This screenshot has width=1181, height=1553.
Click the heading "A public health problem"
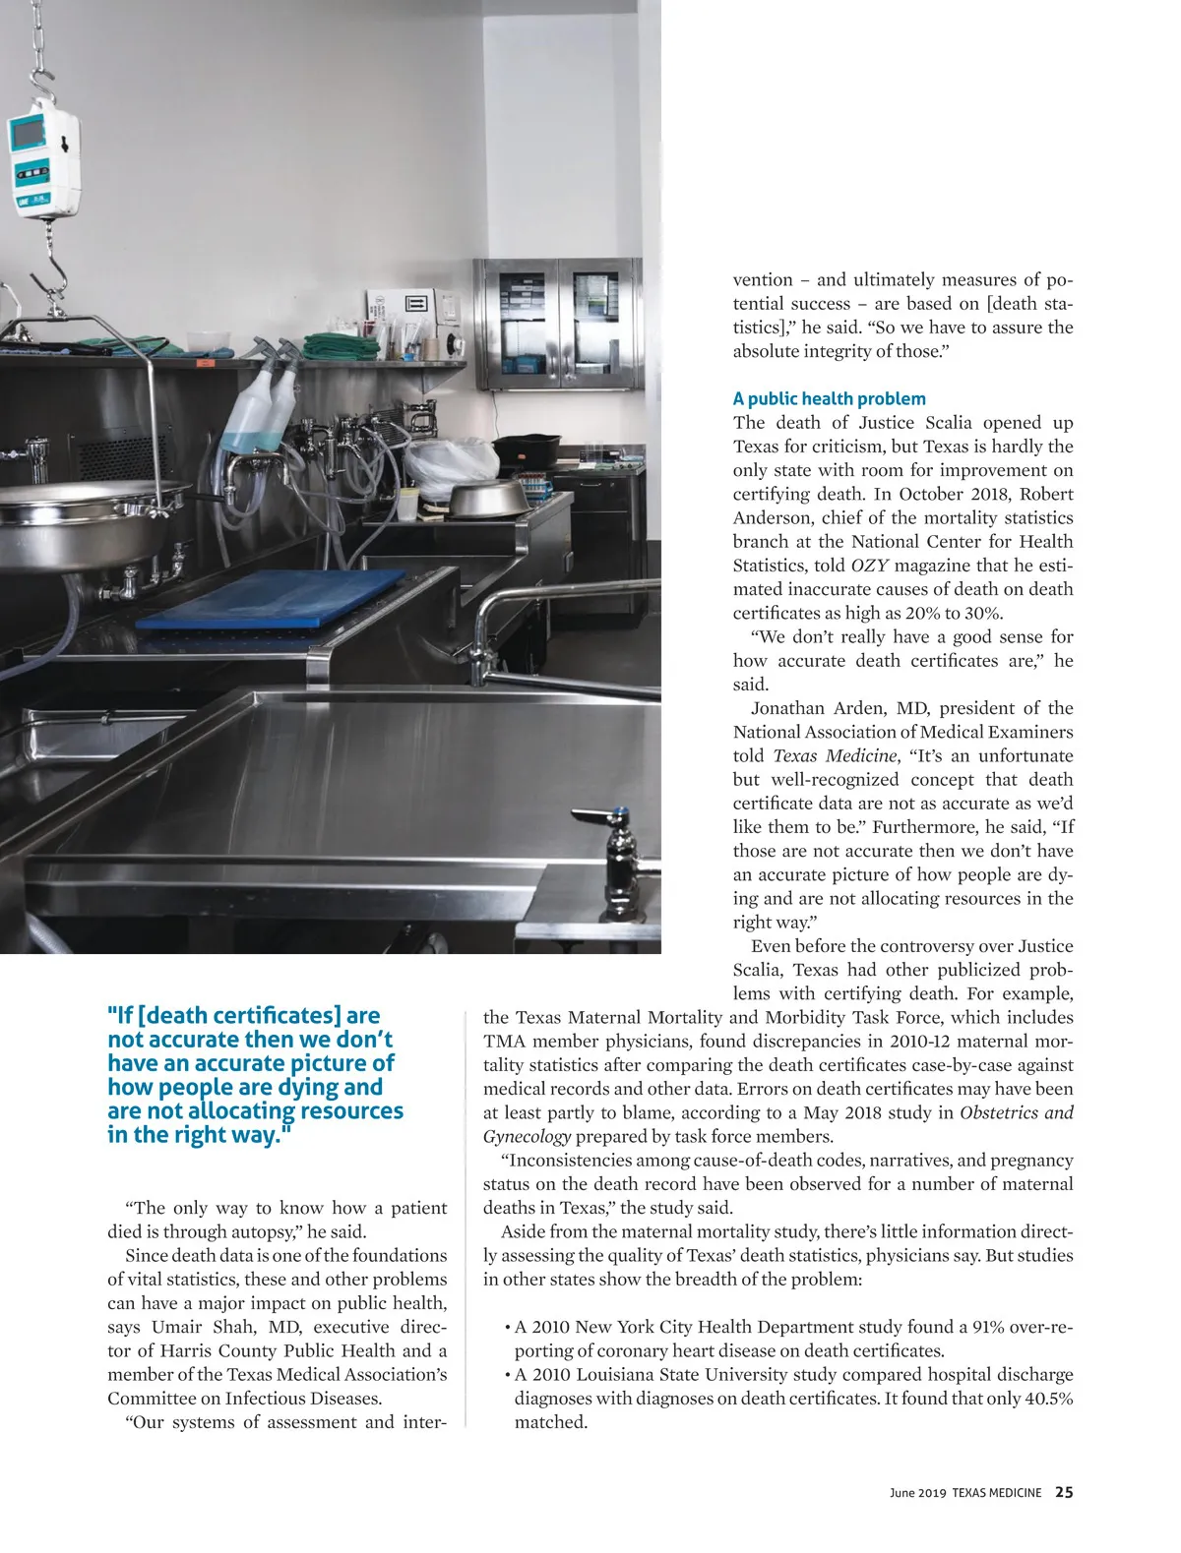pyautogui.click(x=829, y=398)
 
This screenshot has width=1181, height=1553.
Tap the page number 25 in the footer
pyautogui.click(x=1064, y=1492)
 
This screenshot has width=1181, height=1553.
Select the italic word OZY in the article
pyautogui.click(x=869, y=566)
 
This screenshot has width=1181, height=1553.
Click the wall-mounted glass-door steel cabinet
pyautogui.click(x=557, y=324)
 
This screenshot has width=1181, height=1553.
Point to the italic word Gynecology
pyautogui.click(x=527, y=1137)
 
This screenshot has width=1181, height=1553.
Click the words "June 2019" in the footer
pyautogui.click(x=917, y=1493)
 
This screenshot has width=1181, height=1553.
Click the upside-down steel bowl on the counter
pyautogui.click(x=485, y=498)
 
